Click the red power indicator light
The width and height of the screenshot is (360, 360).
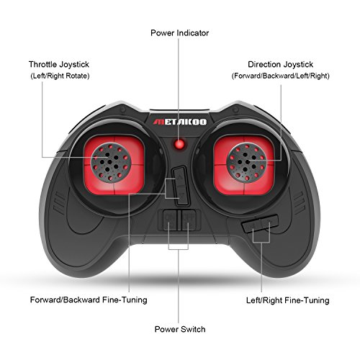pyautogui.click(x=179, y=144)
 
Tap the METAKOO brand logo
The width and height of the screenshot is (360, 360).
pyautogui.click(x=180, y=122)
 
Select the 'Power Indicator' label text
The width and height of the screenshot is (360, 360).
pyautogui.click(x=179, y=33)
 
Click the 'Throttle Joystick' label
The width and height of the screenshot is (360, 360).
pyautogui.click(x=59, y=64)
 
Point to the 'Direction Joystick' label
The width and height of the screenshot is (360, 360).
pyautogui.click(x=280, y=64)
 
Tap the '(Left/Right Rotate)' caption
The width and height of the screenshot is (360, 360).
pyautogui.click(x=60, y=76)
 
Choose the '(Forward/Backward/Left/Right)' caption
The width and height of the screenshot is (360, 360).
pyautogui.click(x=280, y=76)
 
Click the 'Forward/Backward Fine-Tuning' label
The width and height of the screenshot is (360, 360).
pyautogui.click(x=89, y=300)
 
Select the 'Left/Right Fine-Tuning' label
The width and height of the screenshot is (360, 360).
pyautogui.click(x=287, y=300)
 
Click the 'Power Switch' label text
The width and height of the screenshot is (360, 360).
pyautogui.click(x=180, y=329)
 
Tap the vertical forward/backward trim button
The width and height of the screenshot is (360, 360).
pyautogui.click(x=181, y=186)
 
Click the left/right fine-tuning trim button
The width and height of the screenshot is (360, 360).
pyautogui.click(x=260, y=224)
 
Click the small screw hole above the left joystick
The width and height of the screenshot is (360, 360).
pyautogui.click(x=123, y=110)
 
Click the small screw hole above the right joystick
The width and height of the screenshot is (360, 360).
pyautogui.click(x=236, y=110)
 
